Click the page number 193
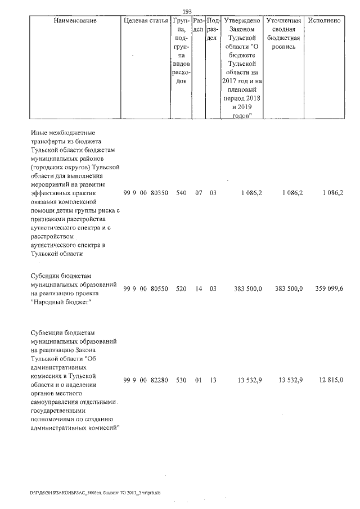click(188, 10)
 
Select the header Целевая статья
click(146, 21)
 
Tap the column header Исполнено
click(325, 21)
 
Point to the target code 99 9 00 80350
click(145, 193)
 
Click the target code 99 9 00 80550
click(145, 289)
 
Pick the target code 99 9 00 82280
click(145, 381)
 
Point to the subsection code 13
click(213, 381)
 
